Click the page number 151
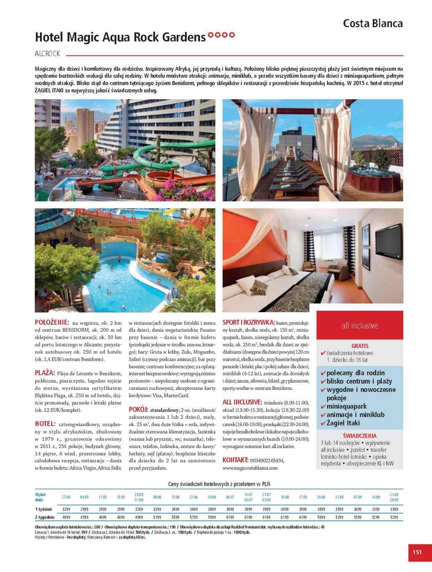417,552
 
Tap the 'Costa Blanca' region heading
373,24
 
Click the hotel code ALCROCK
48,54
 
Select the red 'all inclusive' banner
359,325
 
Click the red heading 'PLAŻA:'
45,373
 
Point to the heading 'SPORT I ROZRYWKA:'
249,322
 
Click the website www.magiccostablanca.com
250,468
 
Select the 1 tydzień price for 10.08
285,509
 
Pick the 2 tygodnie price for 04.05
84,517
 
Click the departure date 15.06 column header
176,497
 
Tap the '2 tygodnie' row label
45,517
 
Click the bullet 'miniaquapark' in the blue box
347,406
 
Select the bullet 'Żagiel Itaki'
343,423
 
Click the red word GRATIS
360,346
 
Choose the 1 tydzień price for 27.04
66,509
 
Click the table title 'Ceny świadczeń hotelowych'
219,484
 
